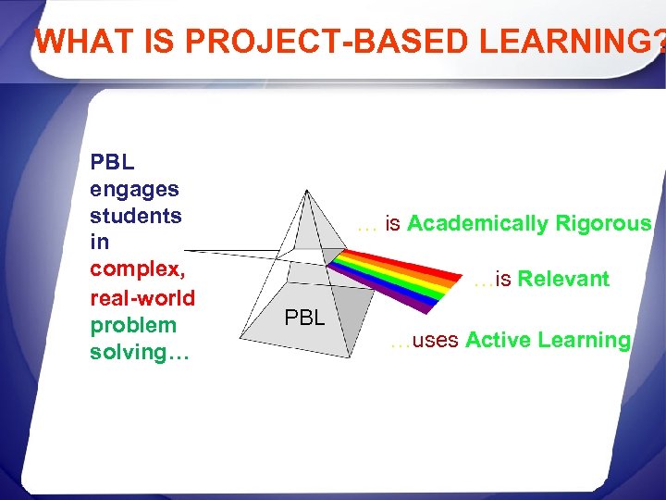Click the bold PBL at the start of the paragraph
112,162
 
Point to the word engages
134,189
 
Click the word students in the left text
135,216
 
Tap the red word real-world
142,298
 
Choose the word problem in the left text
133,325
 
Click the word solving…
139,353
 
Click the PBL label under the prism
304,319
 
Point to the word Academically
478,223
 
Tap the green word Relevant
563,280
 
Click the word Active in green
496,340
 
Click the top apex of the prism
306,191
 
